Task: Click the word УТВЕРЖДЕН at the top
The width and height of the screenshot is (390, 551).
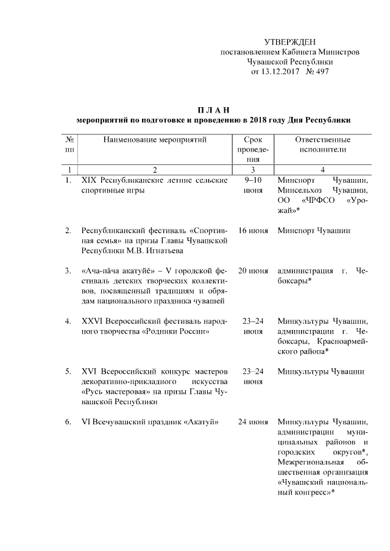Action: pos(289,42)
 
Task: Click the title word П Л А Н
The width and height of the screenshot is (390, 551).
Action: pos(213,110)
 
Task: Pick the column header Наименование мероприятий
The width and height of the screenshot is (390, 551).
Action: pos(155,140)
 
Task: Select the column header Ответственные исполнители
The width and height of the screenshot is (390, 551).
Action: pos(322,144)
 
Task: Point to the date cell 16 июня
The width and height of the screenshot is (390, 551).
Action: pos(253,231)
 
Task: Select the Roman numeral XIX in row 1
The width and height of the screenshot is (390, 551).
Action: pos(90,181)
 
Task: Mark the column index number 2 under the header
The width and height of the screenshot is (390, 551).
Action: pos(155,169)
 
